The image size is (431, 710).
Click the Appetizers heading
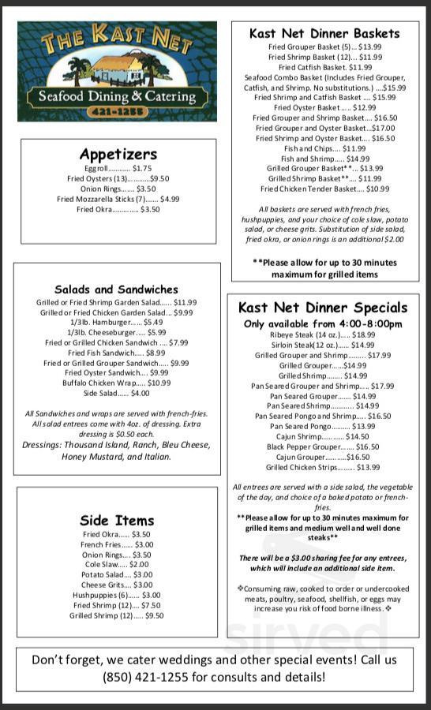pyautogui.click(x=118, y=154)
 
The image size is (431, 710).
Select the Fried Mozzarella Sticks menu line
pyautogui.click(x=118, y=199)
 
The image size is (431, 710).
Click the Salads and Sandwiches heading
pyautogui.click(x=116, y=290)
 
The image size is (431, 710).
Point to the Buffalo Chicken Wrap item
pyautogui.click(x=117, y=383)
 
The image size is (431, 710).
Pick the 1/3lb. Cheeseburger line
pyautogui.click(x=117, y=332)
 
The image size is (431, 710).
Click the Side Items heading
pyautogui.click(x=117, y=520)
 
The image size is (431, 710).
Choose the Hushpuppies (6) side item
pyautogui.click(x=117, y=595)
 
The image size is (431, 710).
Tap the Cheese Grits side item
pyautogui.click(x=117, y=585)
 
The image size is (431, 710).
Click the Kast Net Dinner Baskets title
pyautogui.click(x=324, y=33)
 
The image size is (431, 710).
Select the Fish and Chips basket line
pyautogui.click(x=324, y=148)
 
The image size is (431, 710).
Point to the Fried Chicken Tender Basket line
pyautogui.click(x=324, y=189)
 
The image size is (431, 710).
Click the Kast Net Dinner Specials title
pyautogui.click(x=323, y=308)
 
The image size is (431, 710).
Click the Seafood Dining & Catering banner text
pyautogui.click(x=117, y=96)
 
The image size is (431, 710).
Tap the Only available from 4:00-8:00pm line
pyautogui.click(x=323, y=323)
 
